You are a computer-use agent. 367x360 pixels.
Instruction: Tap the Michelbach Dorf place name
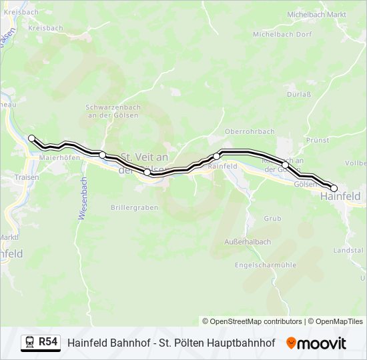coord(282,33)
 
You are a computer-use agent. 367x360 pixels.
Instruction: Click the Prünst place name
coord(318,141)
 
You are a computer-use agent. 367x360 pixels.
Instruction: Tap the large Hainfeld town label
coord(340,196)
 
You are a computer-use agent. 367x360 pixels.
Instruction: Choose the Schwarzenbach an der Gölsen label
coord(112,111)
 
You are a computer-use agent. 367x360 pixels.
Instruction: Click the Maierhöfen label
coord(59,158)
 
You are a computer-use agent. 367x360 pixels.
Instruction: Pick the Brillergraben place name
coord(135,207)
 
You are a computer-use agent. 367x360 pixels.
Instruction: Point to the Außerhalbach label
coord(248,241)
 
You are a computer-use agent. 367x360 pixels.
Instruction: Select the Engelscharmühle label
coord(266,265)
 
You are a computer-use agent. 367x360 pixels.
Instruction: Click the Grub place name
coord(272,218)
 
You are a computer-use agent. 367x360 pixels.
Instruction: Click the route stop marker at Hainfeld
coord(334,189)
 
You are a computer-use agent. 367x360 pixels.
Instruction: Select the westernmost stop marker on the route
coord(31,138)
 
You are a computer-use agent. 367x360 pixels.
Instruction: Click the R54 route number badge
coord(47,342)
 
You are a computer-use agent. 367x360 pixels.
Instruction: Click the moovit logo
coord(316,343)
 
